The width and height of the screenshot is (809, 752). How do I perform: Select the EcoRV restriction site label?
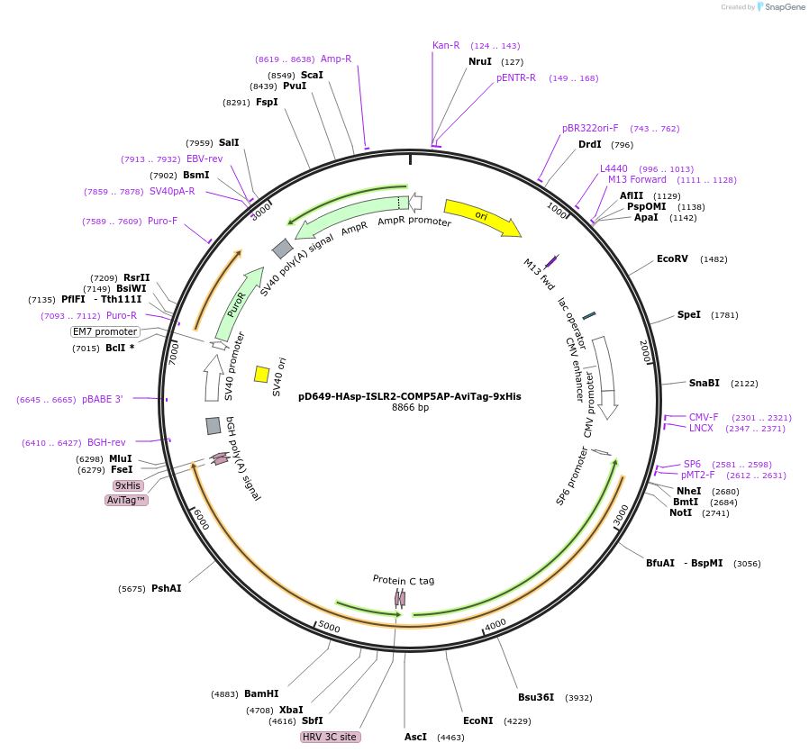672,259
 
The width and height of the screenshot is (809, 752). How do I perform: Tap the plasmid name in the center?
409,395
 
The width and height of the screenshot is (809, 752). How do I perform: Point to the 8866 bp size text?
410,408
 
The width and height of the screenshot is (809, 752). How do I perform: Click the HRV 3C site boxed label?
330,737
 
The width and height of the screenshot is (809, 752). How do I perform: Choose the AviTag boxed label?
126,500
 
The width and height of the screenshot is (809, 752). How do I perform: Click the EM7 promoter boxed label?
105,331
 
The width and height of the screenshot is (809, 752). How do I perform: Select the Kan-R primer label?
446,45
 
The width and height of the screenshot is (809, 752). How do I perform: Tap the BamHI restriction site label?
261,694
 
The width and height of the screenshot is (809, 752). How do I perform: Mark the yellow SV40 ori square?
261,374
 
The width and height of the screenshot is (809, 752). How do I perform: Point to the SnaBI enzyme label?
704,383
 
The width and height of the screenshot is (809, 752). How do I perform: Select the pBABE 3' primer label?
102,399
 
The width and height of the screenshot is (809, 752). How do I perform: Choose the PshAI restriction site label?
166,588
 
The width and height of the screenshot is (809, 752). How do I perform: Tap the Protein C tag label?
404,580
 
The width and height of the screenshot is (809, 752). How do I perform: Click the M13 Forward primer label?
637,179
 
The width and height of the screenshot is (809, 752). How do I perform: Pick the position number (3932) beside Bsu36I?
578,698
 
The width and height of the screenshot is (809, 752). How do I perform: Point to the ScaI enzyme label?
312,75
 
